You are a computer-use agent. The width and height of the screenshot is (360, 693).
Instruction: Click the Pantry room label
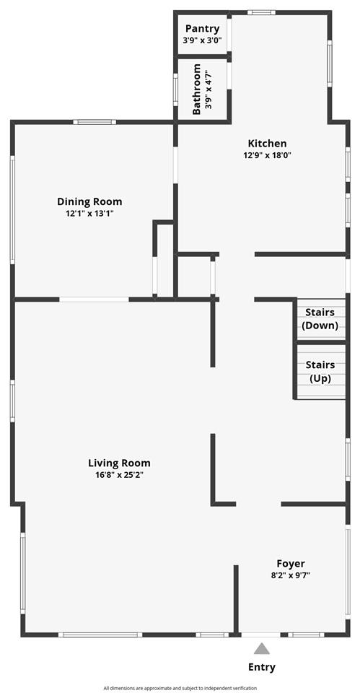(x=202, y=28)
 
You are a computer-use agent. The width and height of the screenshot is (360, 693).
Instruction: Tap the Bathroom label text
(x=197, y=90)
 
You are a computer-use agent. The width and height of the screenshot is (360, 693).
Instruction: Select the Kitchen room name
(x=267, y=143)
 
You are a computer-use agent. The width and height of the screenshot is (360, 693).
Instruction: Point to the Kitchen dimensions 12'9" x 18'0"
(x=267, y=154)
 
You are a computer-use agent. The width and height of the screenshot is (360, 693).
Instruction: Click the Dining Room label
(x=89, y=201)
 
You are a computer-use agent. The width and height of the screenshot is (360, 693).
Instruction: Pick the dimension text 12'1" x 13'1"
(x=89, y=213)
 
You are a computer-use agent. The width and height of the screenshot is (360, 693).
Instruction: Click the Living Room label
(x=119, y=463)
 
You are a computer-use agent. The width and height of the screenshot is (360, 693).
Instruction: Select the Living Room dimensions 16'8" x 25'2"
(x=119, y=474)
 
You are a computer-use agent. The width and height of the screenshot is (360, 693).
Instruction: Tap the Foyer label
(x=291, y=563)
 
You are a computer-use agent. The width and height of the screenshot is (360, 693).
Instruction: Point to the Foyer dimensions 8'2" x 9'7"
(x=291, y=575)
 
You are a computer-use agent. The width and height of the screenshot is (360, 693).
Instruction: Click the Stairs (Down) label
(x=320, y=319)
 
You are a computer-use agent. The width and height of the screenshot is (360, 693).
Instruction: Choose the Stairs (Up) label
(x=320, y=371)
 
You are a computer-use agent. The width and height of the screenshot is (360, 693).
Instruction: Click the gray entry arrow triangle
(x=262, y=648)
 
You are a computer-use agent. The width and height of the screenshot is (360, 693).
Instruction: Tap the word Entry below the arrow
(x=262, y=667)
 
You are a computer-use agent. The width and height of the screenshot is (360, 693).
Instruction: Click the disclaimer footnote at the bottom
(x=180, y=688)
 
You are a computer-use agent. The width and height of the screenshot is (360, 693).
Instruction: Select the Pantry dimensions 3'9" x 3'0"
(x=202, y=40)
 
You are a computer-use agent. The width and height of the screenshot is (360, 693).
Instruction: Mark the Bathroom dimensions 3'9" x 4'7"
(x=209, y=90)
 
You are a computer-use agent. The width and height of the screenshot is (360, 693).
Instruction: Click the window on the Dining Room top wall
(x=95, y=122)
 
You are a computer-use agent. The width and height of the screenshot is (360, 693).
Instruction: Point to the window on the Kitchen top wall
(x=261, y=12)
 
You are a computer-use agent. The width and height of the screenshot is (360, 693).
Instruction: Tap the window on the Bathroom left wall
(x=175, y=90)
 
